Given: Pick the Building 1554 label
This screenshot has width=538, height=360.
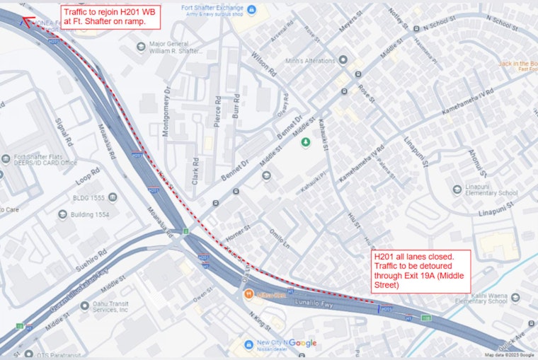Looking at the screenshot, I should click(x=90, y=214).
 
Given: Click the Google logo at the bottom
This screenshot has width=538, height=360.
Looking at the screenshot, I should click(x=302, y=343).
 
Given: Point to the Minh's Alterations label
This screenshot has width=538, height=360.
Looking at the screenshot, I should click(x=304, y=60).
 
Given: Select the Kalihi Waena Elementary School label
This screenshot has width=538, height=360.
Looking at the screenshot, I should click(x=481, y=297).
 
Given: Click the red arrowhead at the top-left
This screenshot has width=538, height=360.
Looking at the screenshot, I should click(x=26, y=21).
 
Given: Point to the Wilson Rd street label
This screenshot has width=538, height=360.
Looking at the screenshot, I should click(x=263, y=64).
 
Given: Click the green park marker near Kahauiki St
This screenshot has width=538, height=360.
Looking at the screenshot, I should click(x=306, y=143).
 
